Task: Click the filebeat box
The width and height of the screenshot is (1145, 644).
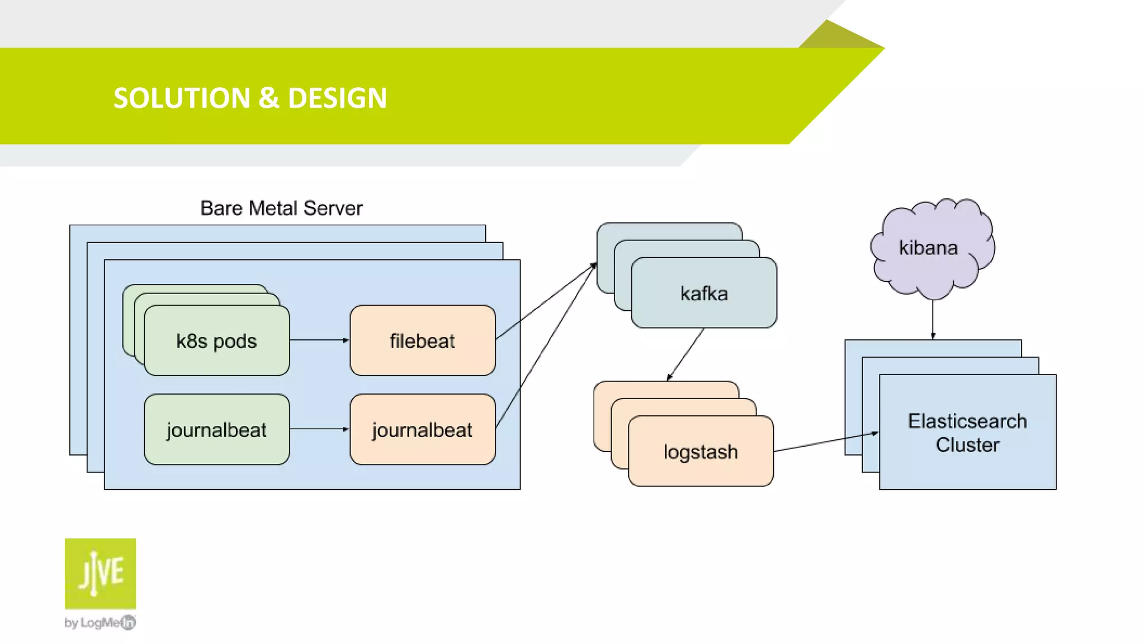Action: tap(422, 340)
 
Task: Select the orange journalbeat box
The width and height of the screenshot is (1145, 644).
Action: tap(422, 429)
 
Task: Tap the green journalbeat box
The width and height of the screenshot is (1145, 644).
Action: tap(216, 429)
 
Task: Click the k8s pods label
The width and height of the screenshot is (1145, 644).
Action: tap(216, 341)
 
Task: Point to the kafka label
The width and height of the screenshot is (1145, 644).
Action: tap(704, 293)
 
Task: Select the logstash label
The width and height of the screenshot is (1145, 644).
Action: tap(701, 452)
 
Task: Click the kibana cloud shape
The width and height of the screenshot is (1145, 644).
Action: tap(929, 248)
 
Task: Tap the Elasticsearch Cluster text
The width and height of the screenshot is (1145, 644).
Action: tap(967, 433)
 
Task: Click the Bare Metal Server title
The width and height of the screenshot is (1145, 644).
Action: tap(281, 208)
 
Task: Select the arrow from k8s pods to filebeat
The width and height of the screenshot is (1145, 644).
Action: tap(319, 340)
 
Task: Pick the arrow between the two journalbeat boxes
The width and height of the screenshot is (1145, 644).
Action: tap(319, 429)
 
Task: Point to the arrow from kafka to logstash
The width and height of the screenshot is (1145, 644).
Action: tap(685, 354)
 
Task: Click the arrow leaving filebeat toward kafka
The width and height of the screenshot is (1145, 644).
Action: tap(545, 302)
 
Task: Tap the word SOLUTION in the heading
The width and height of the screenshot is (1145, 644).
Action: tap(182, 98)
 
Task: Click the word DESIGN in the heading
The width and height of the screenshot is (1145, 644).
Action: tap(337, 98)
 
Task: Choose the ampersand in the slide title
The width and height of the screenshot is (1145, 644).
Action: tap(268, 98)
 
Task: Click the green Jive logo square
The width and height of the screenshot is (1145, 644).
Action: tap(100, 573)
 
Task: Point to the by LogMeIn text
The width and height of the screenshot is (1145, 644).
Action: tap(100, 622)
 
